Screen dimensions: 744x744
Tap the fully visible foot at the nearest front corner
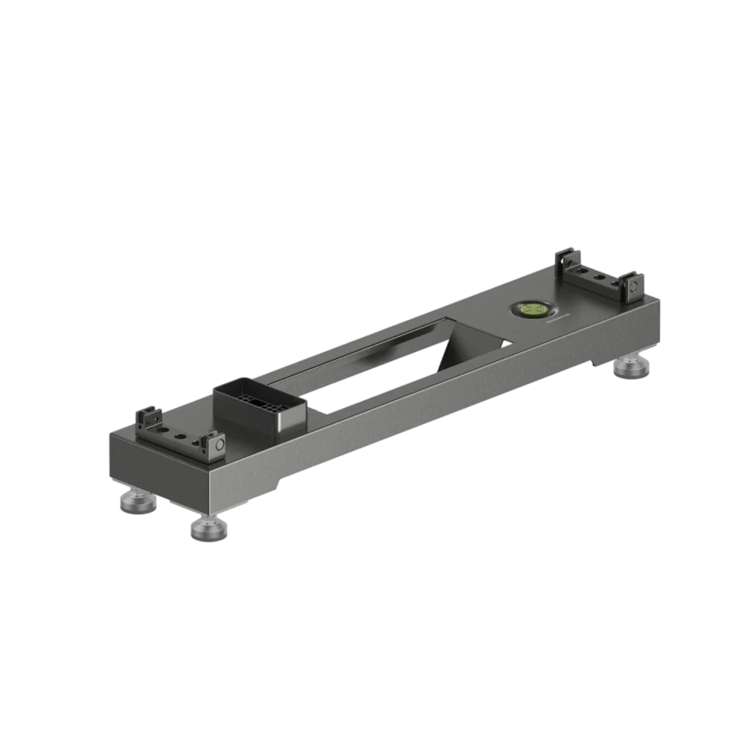208,529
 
